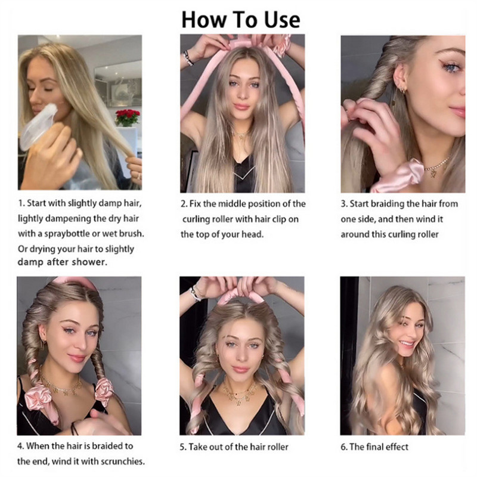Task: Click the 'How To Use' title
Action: (241, 19)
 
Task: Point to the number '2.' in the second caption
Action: (184, 205)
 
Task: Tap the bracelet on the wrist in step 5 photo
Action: (194, 293)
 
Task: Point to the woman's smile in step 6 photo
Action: (406, 344)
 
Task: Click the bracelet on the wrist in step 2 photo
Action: (188, 58)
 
